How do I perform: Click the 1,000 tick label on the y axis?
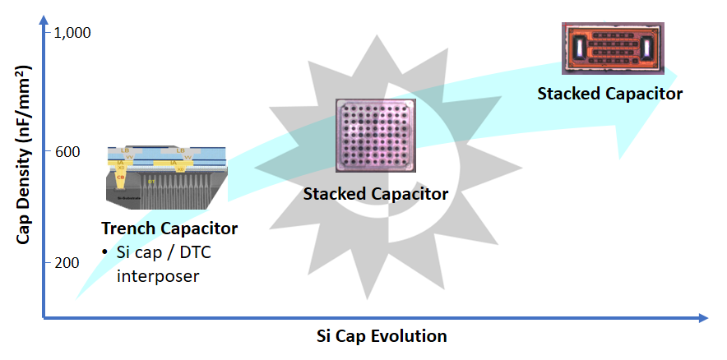[72, 32]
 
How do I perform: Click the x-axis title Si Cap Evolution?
[382, 336]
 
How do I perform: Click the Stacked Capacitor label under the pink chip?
[375, 194]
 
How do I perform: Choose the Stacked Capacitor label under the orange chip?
[609, 93]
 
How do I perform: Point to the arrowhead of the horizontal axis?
[703, 317]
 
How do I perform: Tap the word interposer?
[158, 275]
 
